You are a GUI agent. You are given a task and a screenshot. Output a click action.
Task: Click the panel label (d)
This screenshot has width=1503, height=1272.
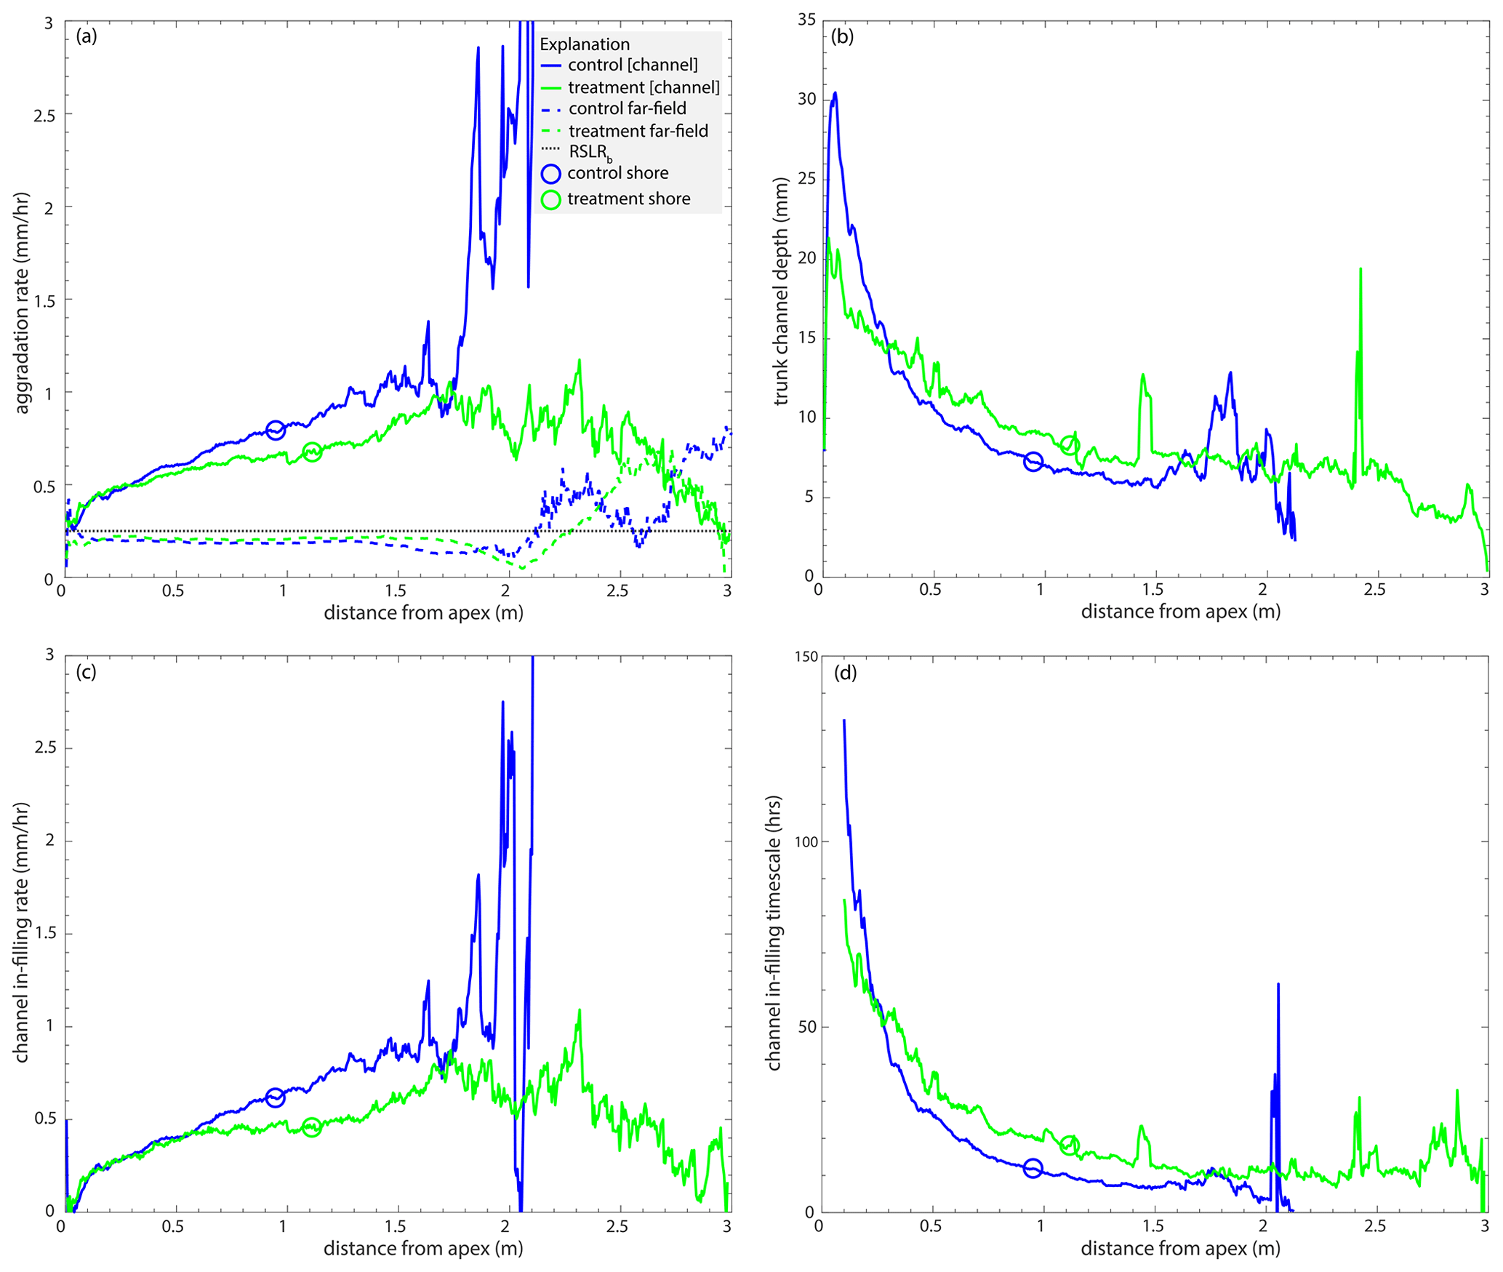tap(845, 673)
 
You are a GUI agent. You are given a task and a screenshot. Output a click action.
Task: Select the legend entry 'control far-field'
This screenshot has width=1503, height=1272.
tap(627, 109)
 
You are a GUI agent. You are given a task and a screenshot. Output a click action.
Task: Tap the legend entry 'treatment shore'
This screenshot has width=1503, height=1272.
tap(628, 199)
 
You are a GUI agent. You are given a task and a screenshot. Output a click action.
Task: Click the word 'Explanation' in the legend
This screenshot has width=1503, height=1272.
tap(585, 44)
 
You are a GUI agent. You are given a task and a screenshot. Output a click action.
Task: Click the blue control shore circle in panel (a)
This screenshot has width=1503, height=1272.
tap(275, 430)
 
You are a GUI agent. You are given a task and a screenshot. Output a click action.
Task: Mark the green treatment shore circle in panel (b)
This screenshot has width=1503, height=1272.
tap(1070, 445)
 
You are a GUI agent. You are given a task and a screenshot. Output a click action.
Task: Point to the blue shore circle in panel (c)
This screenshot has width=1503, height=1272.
tap(275, 1097)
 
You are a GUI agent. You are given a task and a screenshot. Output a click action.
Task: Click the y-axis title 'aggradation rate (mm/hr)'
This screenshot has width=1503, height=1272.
tap(22, 303)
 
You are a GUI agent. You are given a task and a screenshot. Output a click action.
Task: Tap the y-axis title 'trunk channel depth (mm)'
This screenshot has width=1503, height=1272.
tap(781, 291)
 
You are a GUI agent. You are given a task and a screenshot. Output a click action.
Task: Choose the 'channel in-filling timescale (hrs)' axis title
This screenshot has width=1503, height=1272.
tap(774, 932)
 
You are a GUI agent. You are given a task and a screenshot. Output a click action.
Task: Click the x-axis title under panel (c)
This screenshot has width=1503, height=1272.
tap(423, 1248)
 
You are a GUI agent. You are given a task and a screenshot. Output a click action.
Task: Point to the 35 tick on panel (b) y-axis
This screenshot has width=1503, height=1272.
tap(806, 20)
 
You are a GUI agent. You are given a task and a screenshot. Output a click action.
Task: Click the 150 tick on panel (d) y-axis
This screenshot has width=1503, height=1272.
tap(806, 657)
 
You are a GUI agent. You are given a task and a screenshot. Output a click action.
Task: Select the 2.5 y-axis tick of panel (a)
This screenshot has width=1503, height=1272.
tap(44, 115)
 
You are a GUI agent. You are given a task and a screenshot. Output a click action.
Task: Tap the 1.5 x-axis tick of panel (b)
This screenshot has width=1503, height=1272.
tap(1153, 589)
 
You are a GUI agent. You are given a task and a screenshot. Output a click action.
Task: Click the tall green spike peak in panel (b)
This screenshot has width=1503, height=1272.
tap(1360, 269)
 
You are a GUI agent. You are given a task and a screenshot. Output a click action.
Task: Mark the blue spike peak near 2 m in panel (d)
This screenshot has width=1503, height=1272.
tap(1278, 984)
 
